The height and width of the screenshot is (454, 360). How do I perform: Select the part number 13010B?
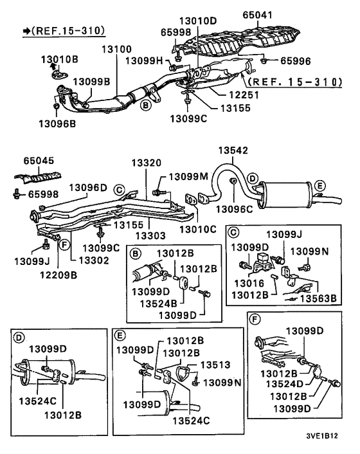click(60, 60)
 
